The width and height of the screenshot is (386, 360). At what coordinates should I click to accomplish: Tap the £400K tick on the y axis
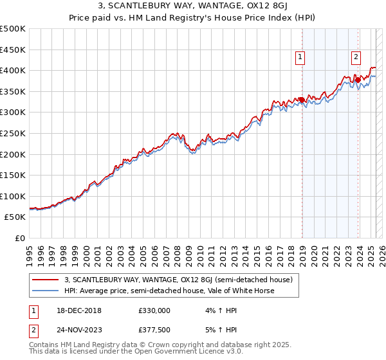[12, 70]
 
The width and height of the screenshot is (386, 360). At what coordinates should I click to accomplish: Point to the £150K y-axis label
[12, 175]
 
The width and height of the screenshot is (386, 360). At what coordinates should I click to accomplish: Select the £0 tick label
[20, 238]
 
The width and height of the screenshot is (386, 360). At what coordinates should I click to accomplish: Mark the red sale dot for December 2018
[301, 99]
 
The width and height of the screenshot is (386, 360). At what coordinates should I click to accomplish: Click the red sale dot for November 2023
[357, 80]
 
